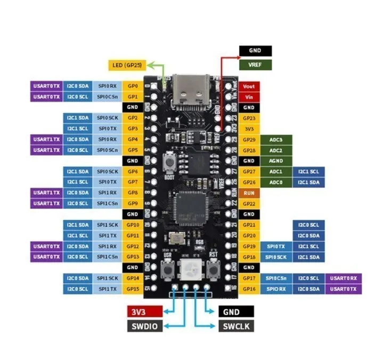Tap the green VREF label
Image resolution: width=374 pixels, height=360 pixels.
[255, 65]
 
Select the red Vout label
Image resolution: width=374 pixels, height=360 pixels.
[248, 86]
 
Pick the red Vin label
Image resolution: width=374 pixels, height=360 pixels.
[248, 97]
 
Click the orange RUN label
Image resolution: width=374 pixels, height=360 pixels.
[248, 193]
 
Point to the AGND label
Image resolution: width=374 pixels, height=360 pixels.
[276, 161]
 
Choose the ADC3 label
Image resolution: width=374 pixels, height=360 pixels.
[276, 139]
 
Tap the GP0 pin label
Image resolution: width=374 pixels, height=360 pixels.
[133, 85]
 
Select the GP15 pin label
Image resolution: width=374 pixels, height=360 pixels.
[133, 289]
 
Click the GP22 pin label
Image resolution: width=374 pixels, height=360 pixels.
[248, 203]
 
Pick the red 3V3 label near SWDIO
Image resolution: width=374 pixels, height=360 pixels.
[145, 311]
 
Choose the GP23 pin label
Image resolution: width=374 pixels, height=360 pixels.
[248, 118]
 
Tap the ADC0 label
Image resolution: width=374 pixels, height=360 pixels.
[276, 182]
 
